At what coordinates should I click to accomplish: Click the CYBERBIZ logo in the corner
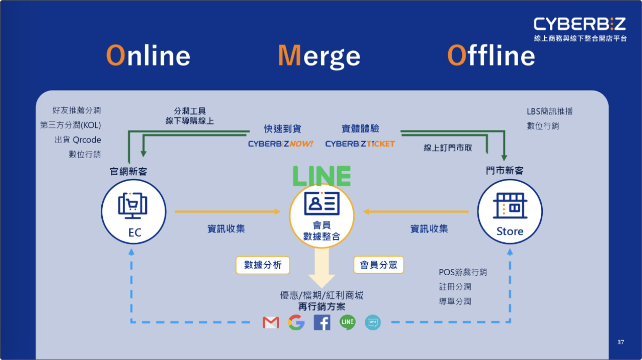point(580,24)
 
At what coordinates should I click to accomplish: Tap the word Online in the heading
point(148,56)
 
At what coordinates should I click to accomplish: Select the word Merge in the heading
point(319,56)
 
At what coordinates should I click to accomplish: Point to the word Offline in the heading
point(491,56)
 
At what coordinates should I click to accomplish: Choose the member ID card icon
point(321,203)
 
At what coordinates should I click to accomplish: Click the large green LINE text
point(321,176)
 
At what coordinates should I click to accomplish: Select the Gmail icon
point(271,322)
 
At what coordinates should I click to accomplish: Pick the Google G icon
point(296,322)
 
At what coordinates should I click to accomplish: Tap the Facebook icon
point(322,322)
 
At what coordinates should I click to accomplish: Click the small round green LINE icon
point(347,322)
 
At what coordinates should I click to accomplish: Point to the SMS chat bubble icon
point(373,322)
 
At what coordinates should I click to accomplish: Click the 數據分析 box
point(263,265)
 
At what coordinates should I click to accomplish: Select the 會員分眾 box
point(379,265)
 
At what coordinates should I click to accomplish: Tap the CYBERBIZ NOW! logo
point(280,144)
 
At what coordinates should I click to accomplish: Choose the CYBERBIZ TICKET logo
point(360,144)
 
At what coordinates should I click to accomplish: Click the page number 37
point(621,342)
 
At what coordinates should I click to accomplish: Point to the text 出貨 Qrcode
point(78,140)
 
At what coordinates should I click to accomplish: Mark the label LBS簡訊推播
point(550,111)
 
